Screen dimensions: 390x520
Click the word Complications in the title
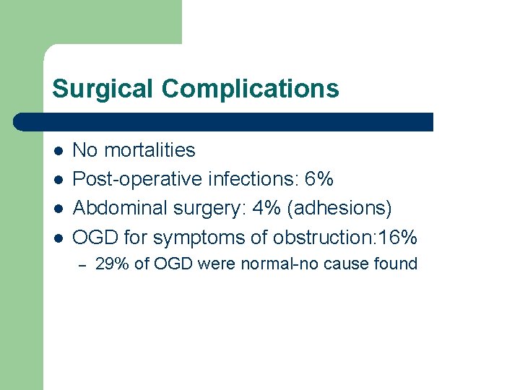tap(250, 89)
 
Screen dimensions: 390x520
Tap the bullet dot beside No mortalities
tap(58, 151)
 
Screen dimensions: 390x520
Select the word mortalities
tap(149, 150)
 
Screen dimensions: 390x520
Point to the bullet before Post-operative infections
tap(58, 180)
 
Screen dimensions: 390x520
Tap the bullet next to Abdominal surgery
tap(58, 209)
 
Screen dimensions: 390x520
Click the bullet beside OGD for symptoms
tap(58, 238)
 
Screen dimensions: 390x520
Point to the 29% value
tap(112, 264)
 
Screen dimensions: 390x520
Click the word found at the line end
tap(396, 264)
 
